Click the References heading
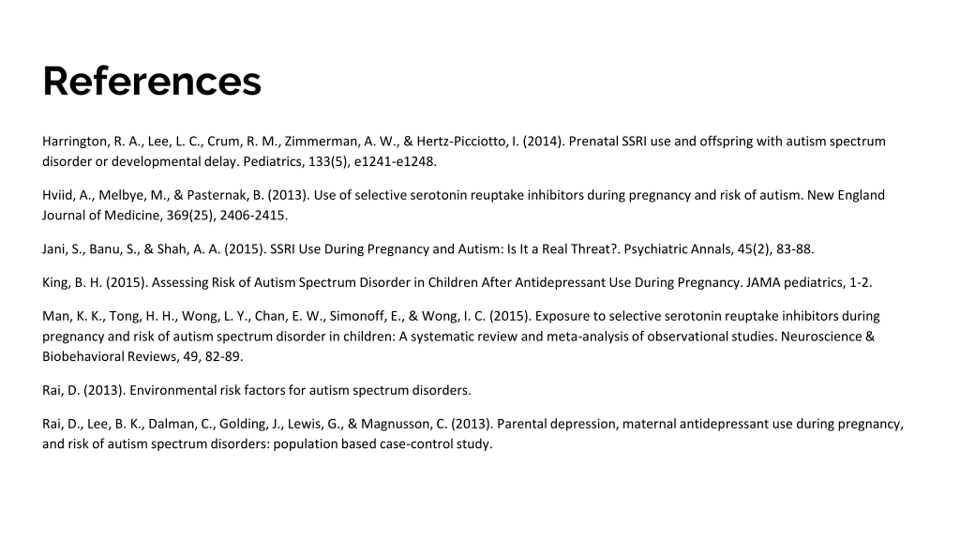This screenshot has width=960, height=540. point(151,81)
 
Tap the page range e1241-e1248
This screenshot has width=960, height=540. point(394,162)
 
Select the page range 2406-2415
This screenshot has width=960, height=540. point(253,216)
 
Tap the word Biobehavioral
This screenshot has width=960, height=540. point(83,357)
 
